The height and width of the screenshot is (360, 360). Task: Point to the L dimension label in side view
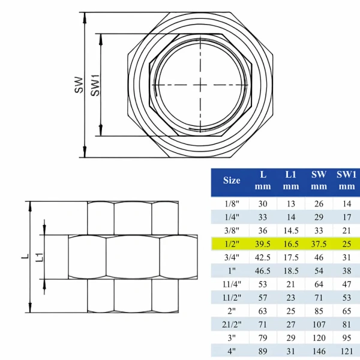(24, 257)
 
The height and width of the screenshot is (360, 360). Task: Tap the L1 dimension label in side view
(39, 257)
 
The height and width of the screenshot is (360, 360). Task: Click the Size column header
(232, 180)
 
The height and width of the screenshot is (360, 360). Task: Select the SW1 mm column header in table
(346, 180)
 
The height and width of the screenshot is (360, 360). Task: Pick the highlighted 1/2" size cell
(232, 244)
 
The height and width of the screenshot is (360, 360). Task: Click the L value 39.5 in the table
(262, 244)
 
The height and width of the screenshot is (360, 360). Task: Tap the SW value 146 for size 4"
(319, 352)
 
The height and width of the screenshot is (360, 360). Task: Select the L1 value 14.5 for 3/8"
(291, 230)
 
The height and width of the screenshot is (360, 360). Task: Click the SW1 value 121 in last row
(346, 352)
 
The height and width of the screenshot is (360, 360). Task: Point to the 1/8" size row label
(232, 203)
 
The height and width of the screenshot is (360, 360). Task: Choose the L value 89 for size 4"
(262, 352)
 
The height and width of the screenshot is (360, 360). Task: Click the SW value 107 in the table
(319, 325)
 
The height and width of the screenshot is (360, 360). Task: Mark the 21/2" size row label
(232, 325)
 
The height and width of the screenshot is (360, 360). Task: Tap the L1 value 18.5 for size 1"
(291, 271)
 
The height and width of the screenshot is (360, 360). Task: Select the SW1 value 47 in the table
(346, 284)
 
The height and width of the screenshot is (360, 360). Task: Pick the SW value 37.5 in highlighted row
(319, 244)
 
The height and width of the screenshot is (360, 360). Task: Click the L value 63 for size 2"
(262, 311)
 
